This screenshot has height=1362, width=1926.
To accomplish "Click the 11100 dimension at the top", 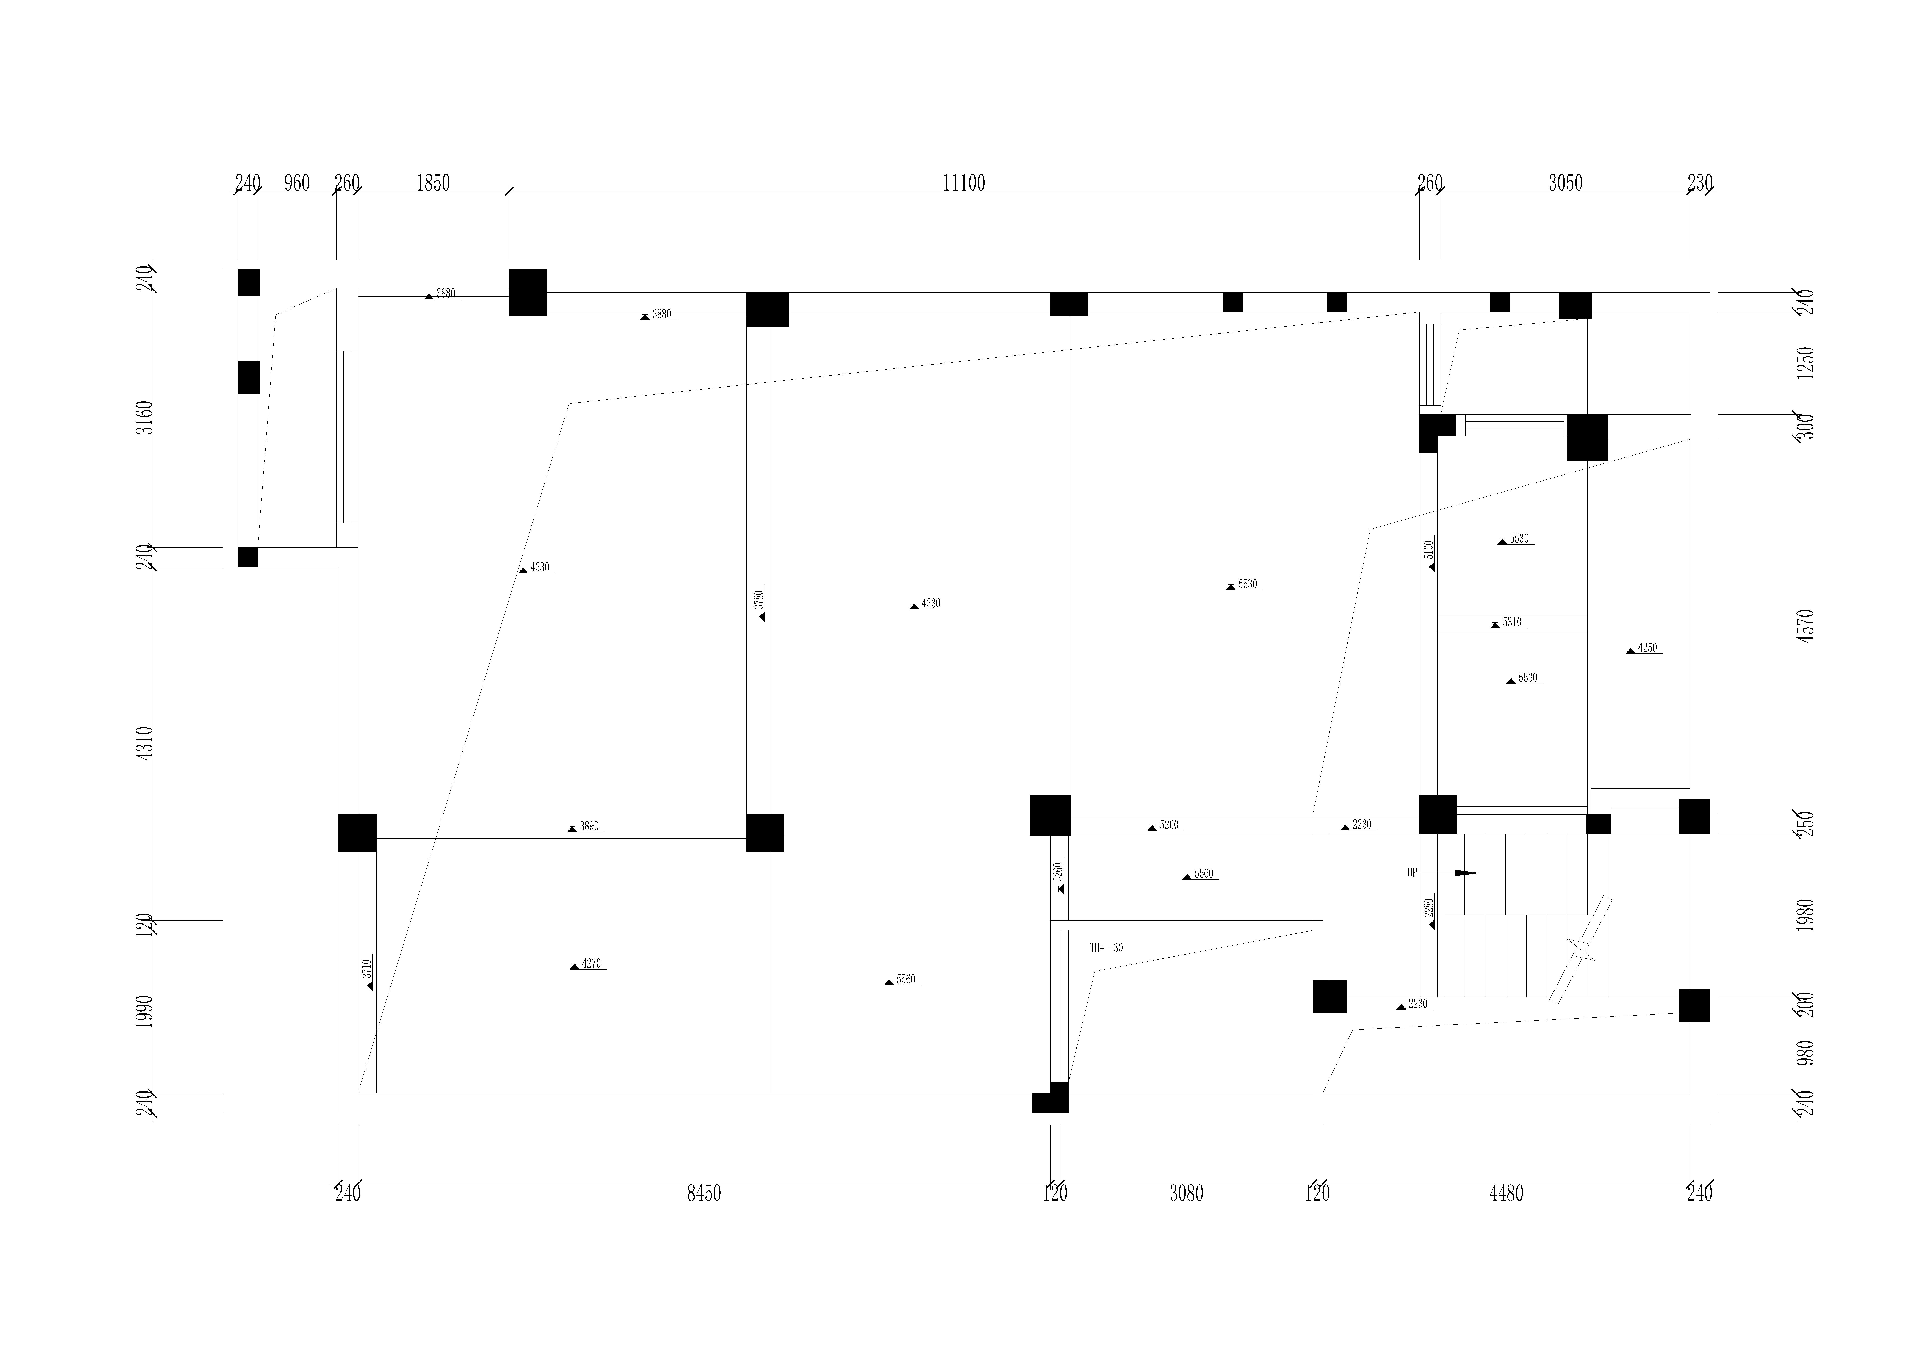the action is click(x=964, y=183).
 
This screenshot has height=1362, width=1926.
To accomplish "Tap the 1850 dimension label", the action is click(x=433, y=183).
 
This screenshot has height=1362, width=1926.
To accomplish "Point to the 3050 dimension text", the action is click(x=1565, y=183).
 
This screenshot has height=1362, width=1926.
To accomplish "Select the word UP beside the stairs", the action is click(x=1413, y=873).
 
